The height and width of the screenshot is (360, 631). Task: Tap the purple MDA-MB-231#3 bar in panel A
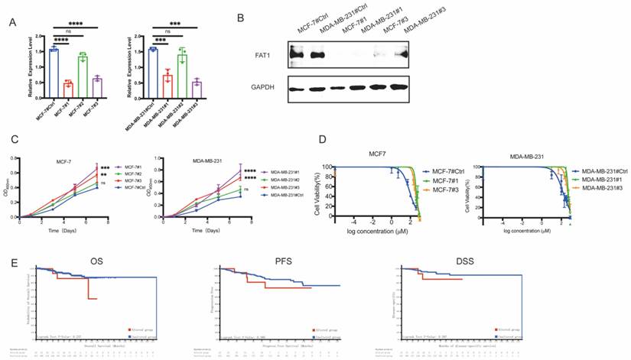197,86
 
